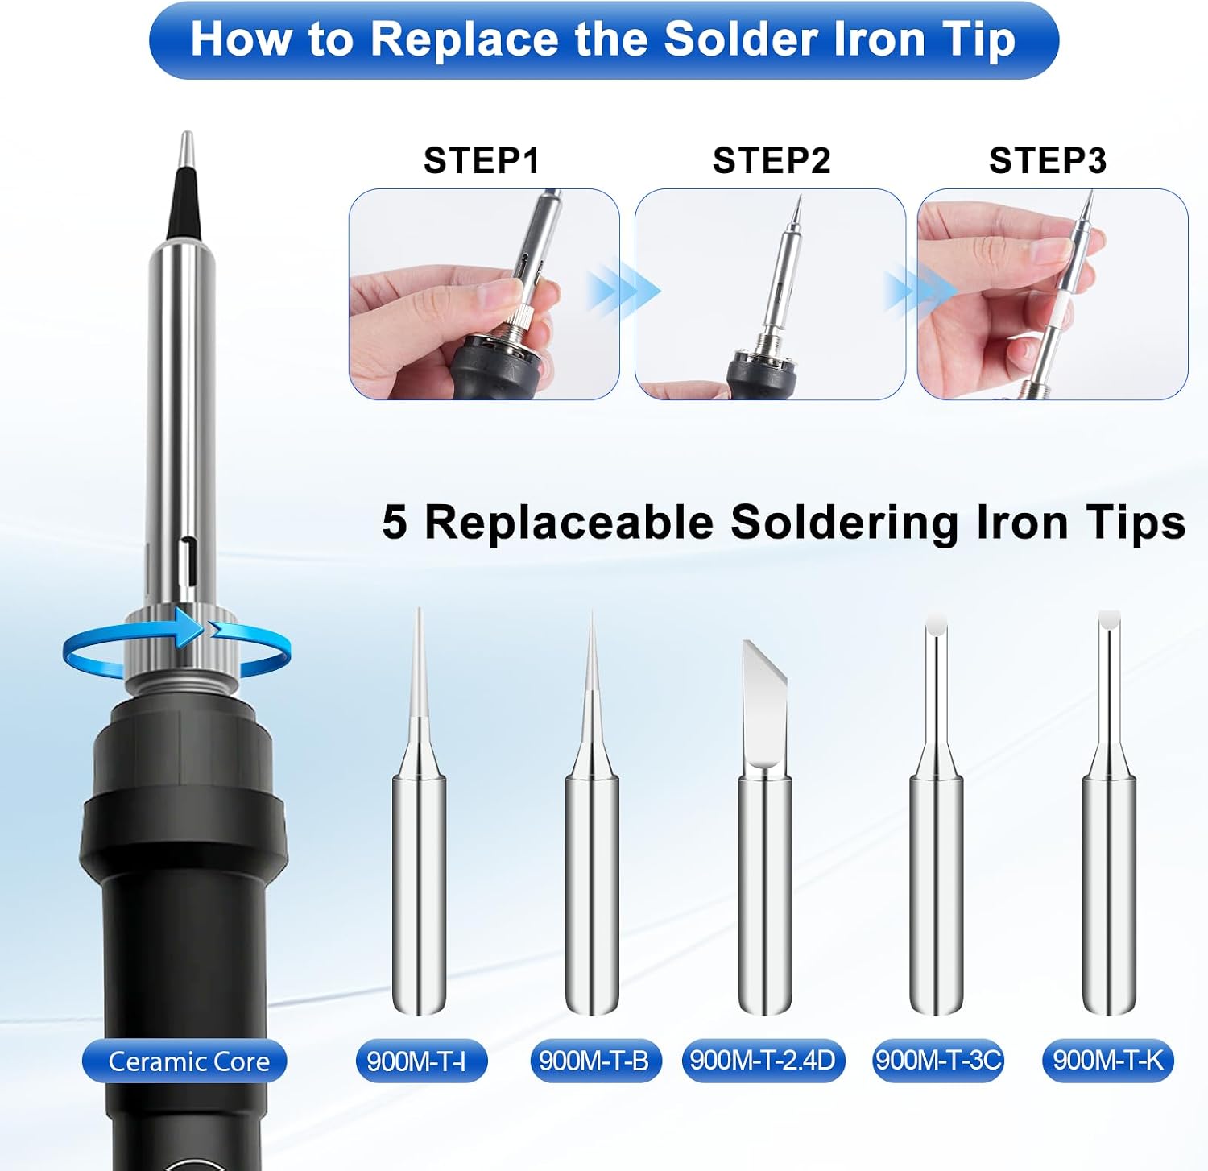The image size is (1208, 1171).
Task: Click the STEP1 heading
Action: click(x=482, y=161)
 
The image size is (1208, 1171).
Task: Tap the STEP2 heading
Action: click(x=772, y=161)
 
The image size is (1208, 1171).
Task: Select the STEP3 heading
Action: click(x=1048, y=161)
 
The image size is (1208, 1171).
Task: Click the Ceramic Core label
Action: click(x=185, y=1061)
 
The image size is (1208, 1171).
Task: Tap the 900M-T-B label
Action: click(x=595, y=1061)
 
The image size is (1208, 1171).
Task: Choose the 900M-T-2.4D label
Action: click(x=763, y=1061)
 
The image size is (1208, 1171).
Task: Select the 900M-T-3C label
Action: click(x=938, y=1061)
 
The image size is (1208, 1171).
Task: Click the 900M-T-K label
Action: click(x=1108, y=1061)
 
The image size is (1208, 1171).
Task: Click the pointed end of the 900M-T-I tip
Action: click(x=418, y=609)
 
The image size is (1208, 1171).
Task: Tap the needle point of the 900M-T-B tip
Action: click(x=592, y=611)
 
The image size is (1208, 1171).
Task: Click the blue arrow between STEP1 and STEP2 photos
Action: click(x=623, y=291)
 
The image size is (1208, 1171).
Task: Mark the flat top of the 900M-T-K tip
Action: click(x=1110, y=620)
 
